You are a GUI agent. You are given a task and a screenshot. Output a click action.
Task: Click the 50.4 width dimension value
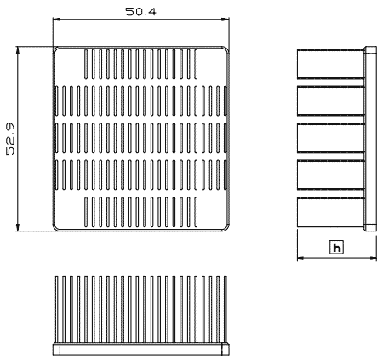[140, 11]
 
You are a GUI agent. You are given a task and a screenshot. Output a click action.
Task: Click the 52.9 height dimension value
[10, 139]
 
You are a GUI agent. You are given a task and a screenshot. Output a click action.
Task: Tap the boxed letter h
[337, 248]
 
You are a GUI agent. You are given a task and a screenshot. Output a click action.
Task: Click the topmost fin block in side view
[331, 64]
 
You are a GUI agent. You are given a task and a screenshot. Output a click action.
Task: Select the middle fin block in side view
[331, 138]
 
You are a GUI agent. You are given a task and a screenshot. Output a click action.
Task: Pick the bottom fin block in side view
[331, 212]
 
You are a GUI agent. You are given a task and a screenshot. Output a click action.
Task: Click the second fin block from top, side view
[331, 101]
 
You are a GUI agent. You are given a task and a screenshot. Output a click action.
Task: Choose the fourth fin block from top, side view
[331, 175]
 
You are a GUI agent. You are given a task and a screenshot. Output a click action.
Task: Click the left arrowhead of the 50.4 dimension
[56, 20]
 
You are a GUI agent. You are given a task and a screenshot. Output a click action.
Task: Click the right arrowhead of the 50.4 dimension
[225, 20]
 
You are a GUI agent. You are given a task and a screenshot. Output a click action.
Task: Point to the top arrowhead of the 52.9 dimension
[18, 50]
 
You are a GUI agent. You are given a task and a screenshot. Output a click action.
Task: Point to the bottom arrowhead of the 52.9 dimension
[18, 227]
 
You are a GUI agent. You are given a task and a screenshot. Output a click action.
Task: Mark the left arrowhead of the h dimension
[300, 258]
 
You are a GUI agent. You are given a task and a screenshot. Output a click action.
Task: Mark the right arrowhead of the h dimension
[373, 258]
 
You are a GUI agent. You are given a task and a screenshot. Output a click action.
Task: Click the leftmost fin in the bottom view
[56, 309]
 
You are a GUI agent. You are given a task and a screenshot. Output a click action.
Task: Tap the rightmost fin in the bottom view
[225, 309]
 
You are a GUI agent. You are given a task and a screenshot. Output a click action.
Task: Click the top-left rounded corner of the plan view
[55, 49]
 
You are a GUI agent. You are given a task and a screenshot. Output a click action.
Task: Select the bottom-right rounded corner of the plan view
[226, 228]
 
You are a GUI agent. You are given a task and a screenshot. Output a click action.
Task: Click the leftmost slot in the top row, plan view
[86, 64]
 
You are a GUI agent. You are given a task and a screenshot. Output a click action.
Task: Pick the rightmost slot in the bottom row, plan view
[196, 212]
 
